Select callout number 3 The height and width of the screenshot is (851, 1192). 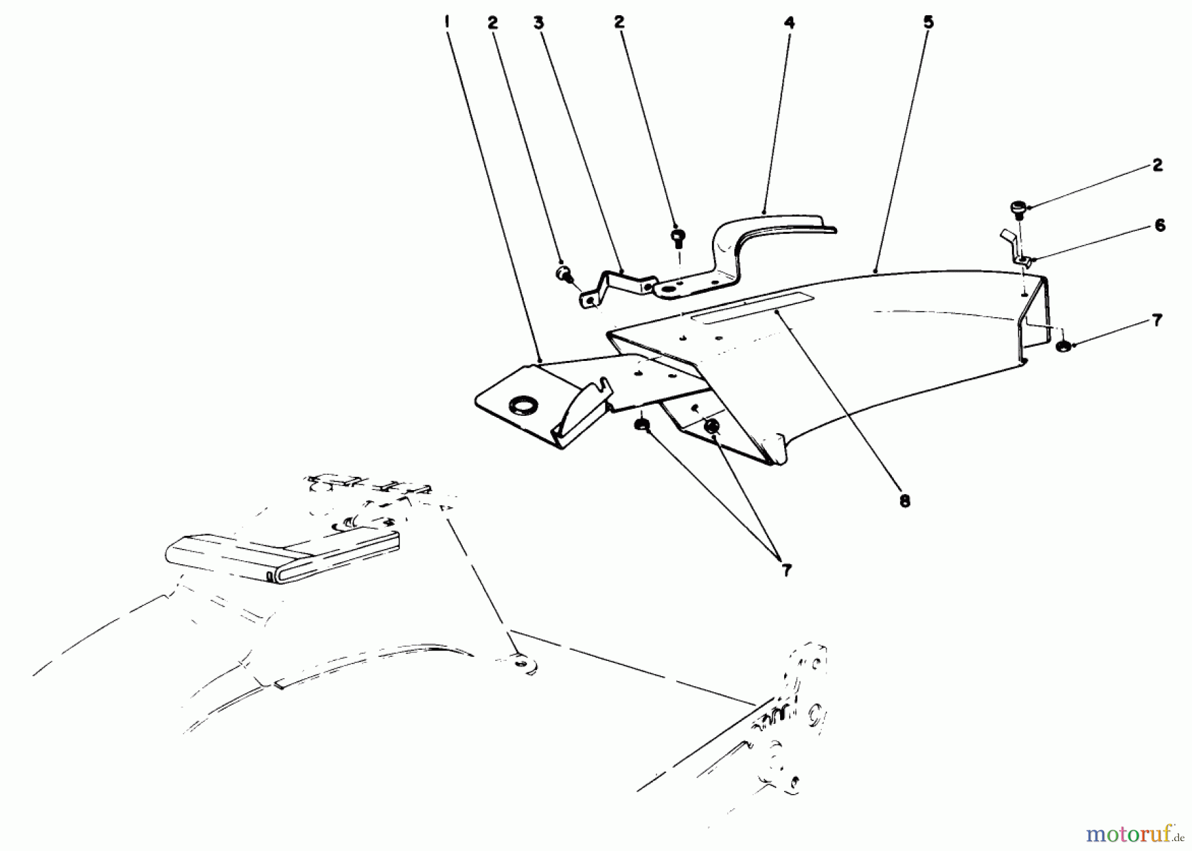click(538, 23)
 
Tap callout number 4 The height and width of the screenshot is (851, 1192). click(789, 23)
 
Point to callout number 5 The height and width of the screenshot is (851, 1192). click(928, 23)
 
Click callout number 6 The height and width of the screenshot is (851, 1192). click(1159, 225)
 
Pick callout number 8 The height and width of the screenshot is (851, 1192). click(905, 501)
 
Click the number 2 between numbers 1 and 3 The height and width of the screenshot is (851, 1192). click(492, 23)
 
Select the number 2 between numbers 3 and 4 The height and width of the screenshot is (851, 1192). click(619, 23)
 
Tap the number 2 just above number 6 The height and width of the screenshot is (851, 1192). click(1157, 166)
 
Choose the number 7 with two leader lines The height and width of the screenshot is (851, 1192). click(786, 570)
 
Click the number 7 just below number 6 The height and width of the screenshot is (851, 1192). click(1156, 321)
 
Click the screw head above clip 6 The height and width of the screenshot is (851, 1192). click(1018, 208)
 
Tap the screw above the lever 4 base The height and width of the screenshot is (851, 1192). click(677, 236)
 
